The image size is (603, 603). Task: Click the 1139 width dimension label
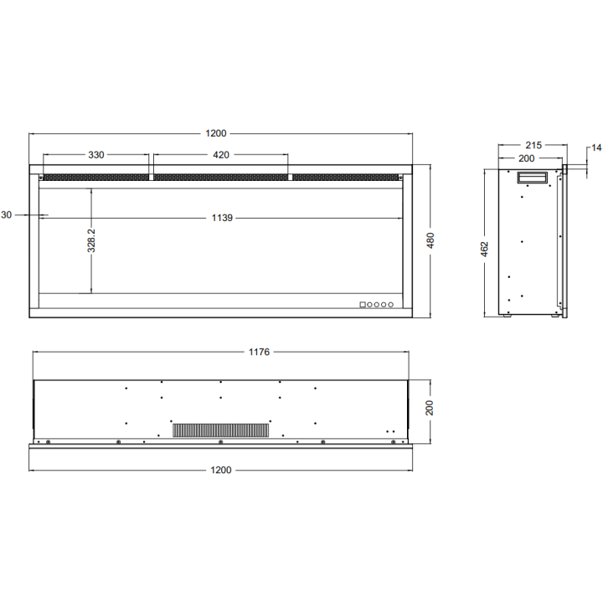(x=222, y=218)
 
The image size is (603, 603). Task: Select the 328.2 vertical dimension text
(x=91, y=240)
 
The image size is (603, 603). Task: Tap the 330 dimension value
(x=96, y=155)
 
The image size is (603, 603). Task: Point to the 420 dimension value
(x=221, y=155)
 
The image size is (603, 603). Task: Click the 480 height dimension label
(x=430, y=240)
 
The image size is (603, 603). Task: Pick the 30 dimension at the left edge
(x=7, y=215)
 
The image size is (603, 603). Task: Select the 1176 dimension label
(x=259, y=352)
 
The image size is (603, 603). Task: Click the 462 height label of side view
(x=485, y=250)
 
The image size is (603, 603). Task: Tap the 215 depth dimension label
(x=533, y=146)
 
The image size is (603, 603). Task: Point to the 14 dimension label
(x=596, y=147)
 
